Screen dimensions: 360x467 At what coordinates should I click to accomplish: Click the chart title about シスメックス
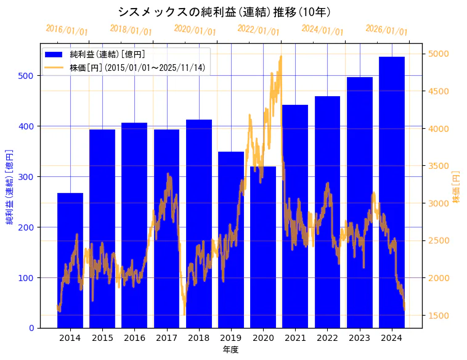pyautogui.click(x=224, y=12)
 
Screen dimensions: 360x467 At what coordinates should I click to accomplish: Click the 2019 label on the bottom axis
pyautogui.click(x=231, y=338)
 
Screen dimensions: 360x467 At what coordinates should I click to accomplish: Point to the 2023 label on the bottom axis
pyautogui.click(x=360, y=338)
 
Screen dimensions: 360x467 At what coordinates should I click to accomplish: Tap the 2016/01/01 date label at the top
pyautogui.click(x=67, y=30)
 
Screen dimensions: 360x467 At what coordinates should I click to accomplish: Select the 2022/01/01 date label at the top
pyautogui.click(x=258, y=30)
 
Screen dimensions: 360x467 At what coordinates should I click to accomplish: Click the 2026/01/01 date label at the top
pyautogui.click(x=386, y=30)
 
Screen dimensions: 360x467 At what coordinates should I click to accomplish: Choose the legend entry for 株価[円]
pyautogui.click(x=137, y=68)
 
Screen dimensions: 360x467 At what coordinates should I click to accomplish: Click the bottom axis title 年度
pyautogui.click(x=230, y=350)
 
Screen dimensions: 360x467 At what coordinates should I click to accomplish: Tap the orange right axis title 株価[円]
pyautogui.click(x=456, y=187)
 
